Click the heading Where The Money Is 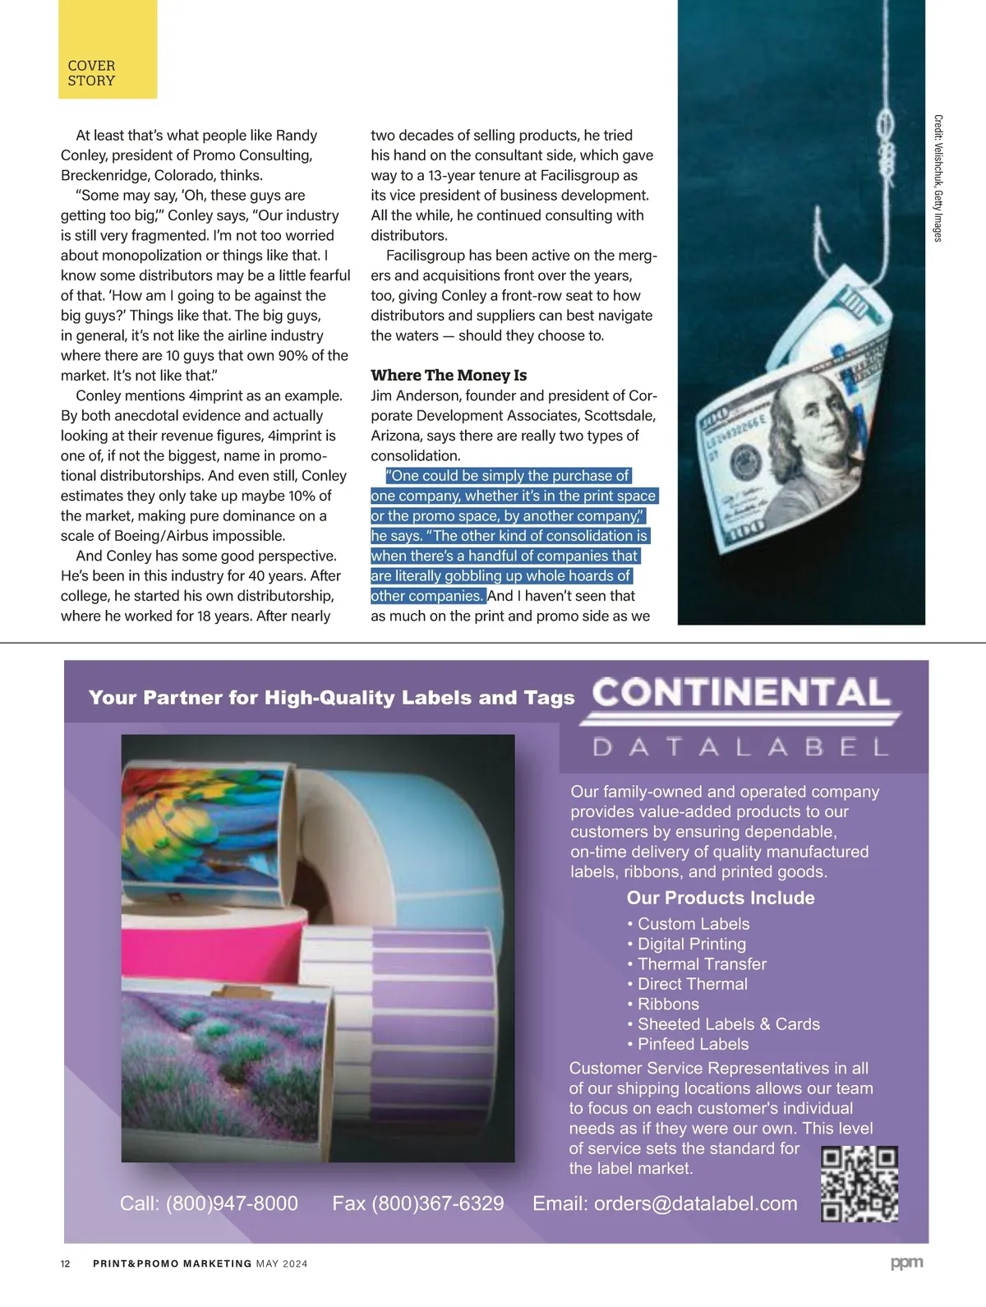click(x=449, y=376)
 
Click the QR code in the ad click(x=859, y=1184)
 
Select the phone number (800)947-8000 click(x=232, y=1203)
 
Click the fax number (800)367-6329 click(x=438, y=1203)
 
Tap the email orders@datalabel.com click(x=695, y=1203)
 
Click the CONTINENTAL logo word click(x=741, y=692)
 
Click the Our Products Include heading click(x=721, y=898)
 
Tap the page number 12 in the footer click(x=66, y=1263)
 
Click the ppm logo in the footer click(x=906, y=1263)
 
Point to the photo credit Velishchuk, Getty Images click(x=938, y=178)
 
